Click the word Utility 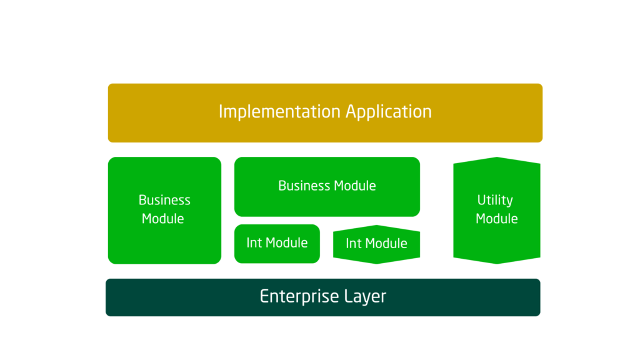pos(495,200)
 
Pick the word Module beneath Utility pos(496,219)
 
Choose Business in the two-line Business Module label pos(164,200)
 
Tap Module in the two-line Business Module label pos(162,219)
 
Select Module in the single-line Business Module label pos(354,186)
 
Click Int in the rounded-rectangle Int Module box pos(254,242)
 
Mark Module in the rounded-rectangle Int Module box pos(286,242)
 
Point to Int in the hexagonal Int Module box pos(353,244)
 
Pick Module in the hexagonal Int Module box pos(386,244)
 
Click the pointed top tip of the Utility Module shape pos(496,157)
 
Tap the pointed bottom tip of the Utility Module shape pos(496,263)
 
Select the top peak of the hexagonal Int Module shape pos(376,226)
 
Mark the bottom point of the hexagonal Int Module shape pos(376,263)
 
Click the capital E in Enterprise pos(264,296)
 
